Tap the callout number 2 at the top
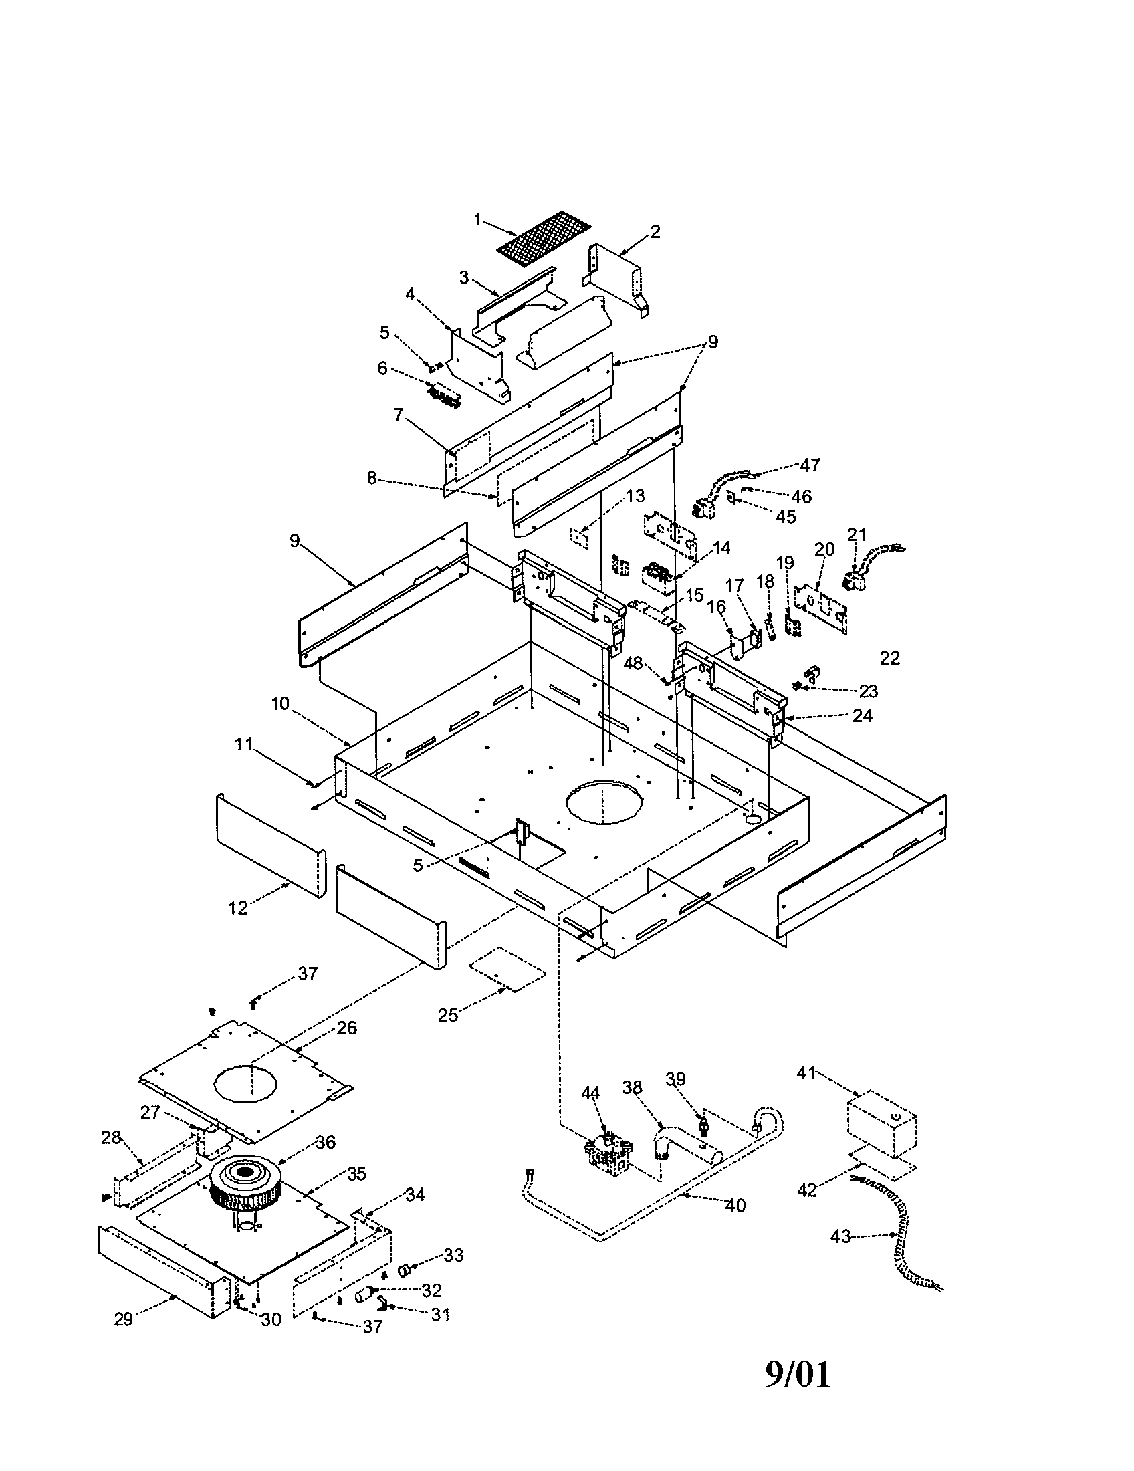point(655,232)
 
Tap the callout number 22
point(889,658)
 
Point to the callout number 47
point(810,465)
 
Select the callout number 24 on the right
point(862,715)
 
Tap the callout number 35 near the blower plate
point(356,1173)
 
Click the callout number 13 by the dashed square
point(635,496)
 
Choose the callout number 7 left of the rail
point(399,415)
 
